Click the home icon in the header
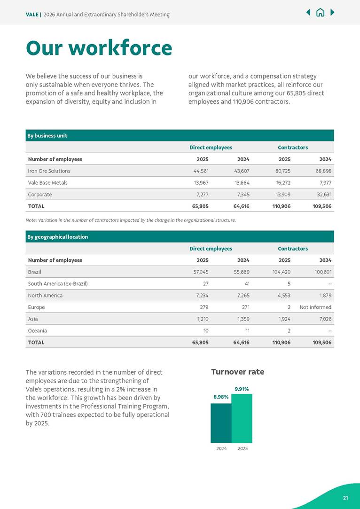click(x=320, y=13)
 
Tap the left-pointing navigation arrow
click(x=308, y=13)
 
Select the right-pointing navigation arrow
click(x=332, y=13)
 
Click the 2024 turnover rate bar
click(x=221, y=423)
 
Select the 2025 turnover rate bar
click(x=242, y=418)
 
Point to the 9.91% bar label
click(x=242, y=389)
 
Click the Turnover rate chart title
click(x=237, y=372)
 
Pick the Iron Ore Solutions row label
click(x=49, y=171)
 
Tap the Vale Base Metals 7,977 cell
click(x=324, y=183)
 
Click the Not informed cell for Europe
click(x=315, y=307)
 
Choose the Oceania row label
click(x=38, y=331)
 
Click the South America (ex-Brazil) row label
click(x=58, y=284)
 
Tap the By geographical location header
click(x=58, y=237)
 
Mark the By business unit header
click(x=47, y=136)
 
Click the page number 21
click(x=345, y=498)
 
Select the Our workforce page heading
click(x=99, y=48)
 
